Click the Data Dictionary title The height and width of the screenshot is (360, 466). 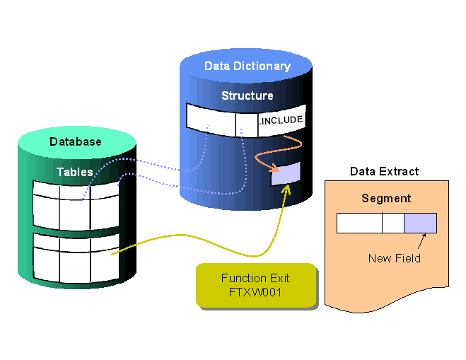pos(247,66)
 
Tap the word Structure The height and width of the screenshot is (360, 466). pos(247,95)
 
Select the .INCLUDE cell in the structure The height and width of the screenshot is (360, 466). pos(281,120)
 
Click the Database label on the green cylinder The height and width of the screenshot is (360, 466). pos(75,141)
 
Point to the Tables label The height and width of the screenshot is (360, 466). pos(75,172)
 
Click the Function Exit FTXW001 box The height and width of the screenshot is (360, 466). pos(255,284)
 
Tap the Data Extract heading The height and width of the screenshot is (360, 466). pos(384,171)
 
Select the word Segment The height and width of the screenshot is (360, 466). pos(386,198)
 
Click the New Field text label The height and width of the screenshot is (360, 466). pos(394,258)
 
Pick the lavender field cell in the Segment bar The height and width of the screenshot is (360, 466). pos(420,223)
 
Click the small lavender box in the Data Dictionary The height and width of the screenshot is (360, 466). pos(286,174)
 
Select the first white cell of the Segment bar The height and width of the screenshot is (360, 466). pos(359,223)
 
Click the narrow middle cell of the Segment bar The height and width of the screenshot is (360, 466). pos(392,223)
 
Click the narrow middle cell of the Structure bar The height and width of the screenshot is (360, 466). pos(246,120)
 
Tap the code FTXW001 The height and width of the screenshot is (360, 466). pos(255,291)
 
